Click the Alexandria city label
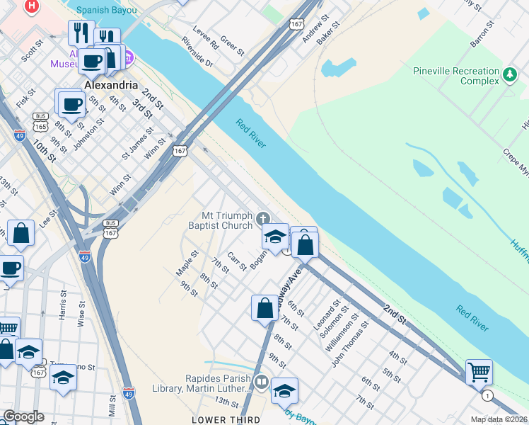pyautogui.click(x=111, y=84)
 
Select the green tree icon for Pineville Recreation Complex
pyautogui.click(x=509, y=75)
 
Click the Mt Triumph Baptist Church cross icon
pyautogui.click(x=263, y=217)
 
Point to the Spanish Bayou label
pyautogui.click(x=107, y=10)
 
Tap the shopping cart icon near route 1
pyautogui.click(x=479, y=370)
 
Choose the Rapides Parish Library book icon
pyautogui.click(x=261, y=382)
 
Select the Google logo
pyautogui.click(x=23, y=416)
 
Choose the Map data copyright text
pyautogui.click(x=499, y=419)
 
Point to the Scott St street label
pyautogui.click(x=33, y=50)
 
